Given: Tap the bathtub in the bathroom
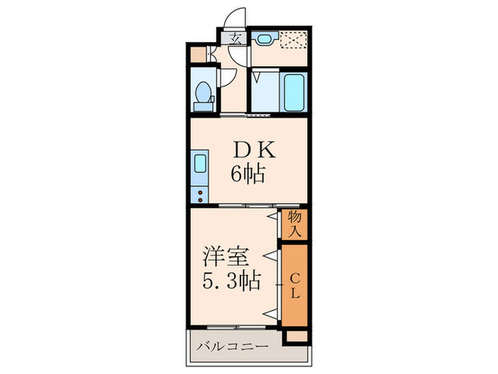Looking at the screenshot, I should (x=295, y=92).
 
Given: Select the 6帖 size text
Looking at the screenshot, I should (x=247, y=173).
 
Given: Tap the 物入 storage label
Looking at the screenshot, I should (x=295, y=224).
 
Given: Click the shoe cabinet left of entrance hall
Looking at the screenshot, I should (x=198, y=53).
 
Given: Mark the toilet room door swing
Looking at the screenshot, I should (x=226, y=78).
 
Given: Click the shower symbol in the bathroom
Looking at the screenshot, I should (x=258, y=75).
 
